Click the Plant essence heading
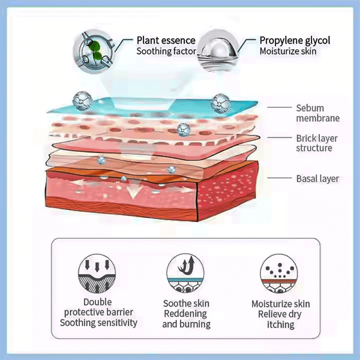(x=162, y=41)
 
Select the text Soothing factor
(x=166, y=52)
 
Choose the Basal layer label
(x=318, y=178)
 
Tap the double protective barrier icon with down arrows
(x=97, y=272)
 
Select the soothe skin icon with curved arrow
(x=186, y=272)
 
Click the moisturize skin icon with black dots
(x=277, y=272)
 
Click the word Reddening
(x=185, y=314)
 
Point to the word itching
(x=277, y=325)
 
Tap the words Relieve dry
(x=277, y=314)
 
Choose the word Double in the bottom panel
(x=98, y=302)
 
